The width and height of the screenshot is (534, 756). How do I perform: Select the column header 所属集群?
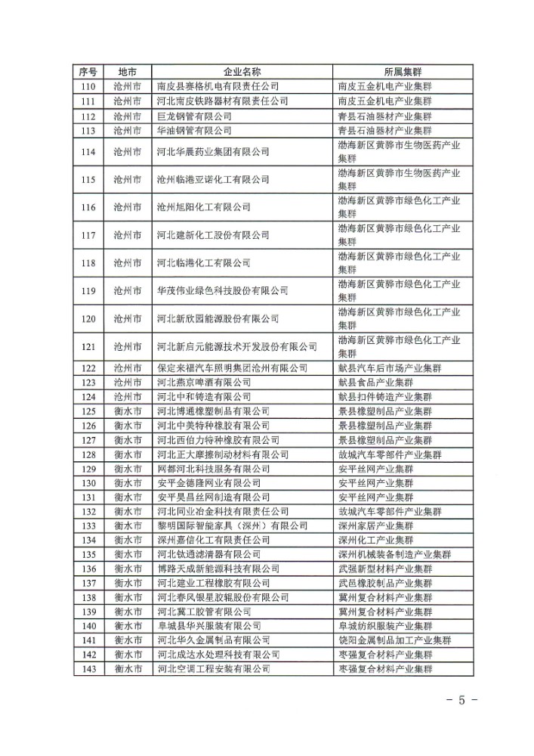(402, 72)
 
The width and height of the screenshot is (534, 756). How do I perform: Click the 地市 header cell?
(127, 72)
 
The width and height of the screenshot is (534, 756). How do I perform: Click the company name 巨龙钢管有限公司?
(194, 116)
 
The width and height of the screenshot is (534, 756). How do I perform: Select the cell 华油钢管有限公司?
(194, 131)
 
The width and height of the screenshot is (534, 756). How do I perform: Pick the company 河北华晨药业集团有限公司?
(213, 152)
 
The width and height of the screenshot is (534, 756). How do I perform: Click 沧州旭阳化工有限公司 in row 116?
(203, 207)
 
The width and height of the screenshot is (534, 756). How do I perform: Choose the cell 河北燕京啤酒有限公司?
(203, 383)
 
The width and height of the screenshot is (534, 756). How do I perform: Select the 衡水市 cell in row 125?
(127, 411)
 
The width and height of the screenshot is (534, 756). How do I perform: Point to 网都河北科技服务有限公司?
(208, 469)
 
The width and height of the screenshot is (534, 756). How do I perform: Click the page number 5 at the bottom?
(461, 700)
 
